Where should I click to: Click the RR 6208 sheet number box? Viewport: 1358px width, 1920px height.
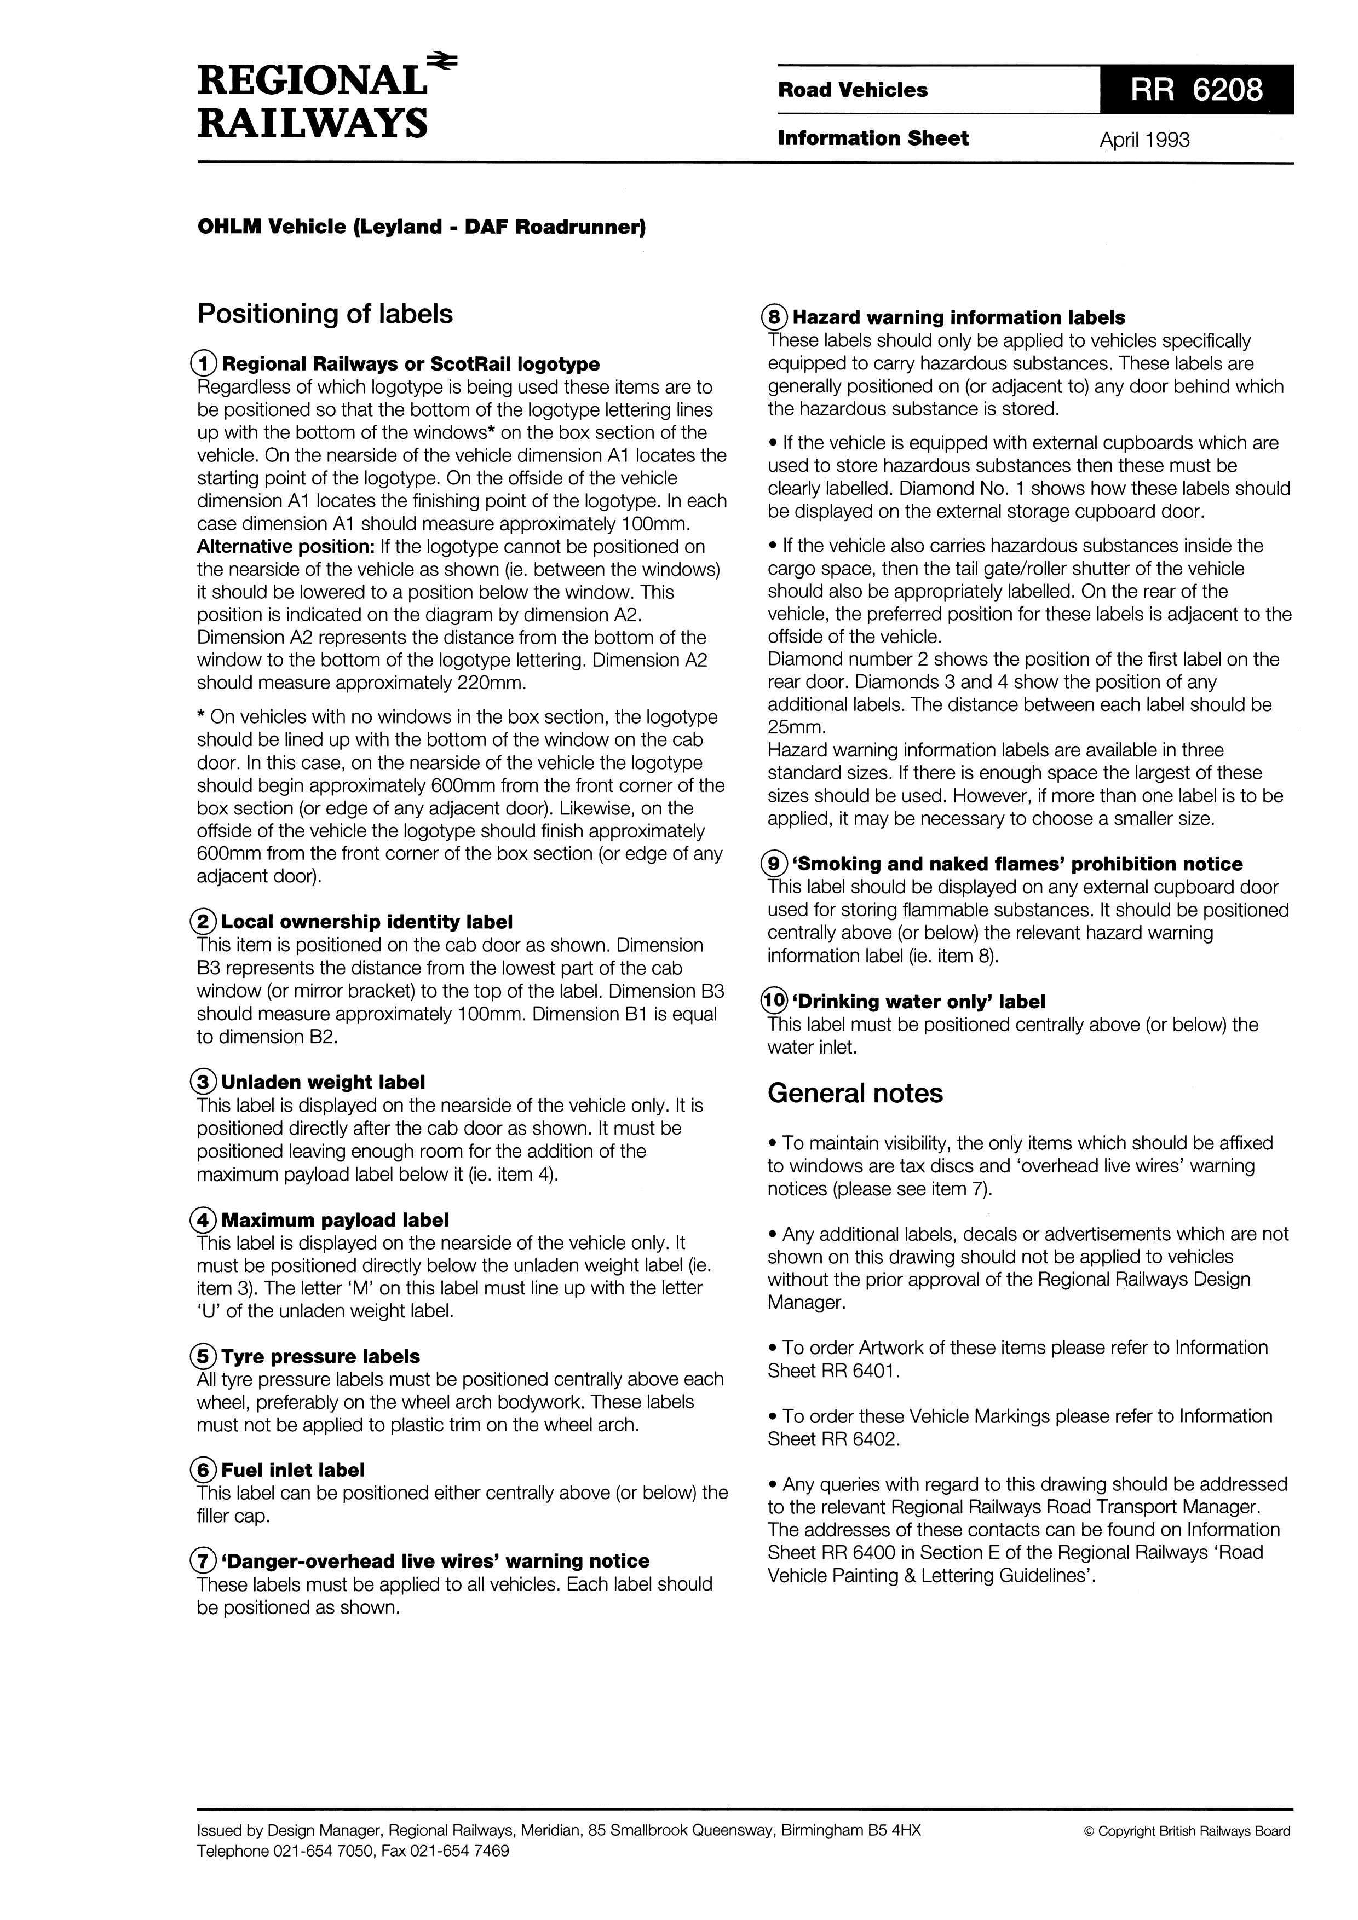(x=1196, y=89)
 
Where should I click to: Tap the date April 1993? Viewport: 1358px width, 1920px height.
(x=1144, y=140)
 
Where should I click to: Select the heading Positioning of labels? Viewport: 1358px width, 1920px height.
(x=325, y=314)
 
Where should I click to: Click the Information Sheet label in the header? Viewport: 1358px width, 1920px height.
(x=873, y=139)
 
